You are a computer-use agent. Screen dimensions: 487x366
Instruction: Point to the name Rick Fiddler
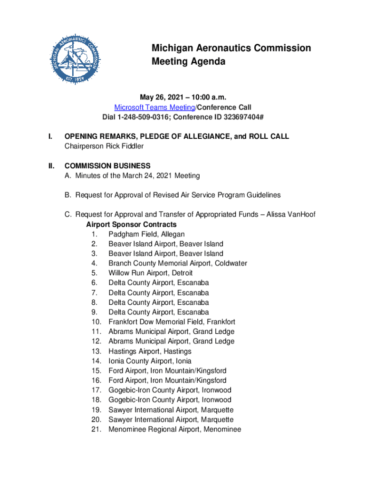click(x=125, y=146)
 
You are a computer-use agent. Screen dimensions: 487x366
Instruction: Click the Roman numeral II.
click(x=51, y=166)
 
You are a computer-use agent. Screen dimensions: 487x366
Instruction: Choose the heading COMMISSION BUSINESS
click(x=107, y=166)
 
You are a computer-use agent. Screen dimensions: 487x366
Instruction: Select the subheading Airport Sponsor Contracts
click(x=132, y=224)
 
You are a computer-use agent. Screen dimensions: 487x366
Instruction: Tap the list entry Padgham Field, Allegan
click(x=146, y=234)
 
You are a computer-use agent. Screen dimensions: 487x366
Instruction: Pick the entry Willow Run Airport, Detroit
click(x=151, y=273)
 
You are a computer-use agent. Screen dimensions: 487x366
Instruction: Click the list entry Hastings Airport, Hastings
click(x=150, y=351)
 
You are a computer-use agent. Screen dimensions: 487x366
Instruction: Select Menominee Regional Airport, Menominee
click(x=174, y=429)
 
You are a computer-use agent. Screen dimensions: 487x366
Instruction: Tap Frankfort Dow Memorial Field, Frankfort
click(x=172, y=322)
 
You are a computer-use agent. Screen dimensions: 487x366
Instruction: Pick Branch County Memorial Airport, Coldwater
click(x=178, y=263)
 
